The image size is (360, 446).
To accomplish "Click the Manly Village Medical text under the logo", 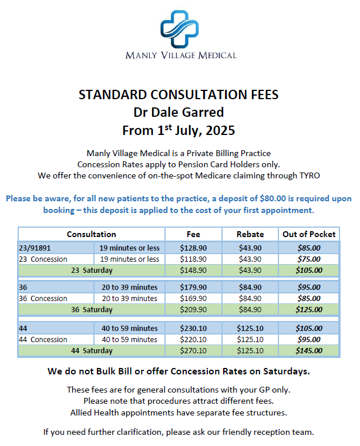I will coord(181,55).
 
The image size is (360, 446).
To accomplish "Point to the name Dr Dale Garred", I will coord(179,112).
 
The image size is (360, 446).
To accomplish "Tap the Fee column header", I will coord(193,234).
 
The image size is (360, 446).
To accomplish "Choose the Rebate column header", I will coord(250,234).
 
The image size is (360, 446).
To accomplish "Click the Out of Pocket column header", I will coord(309,234).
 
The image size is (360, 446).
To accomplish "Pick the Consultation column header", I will coord(91,234).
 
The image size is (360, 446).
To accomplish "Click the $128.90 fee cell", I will coord(193,248).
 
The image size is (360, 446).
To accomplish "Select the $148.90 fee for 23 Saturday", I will coord(193,271).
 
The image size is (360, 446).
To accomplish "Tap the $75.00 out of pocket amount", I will coord(309,259).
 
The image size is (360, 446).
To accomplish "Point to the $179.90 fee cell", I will coord(193,288).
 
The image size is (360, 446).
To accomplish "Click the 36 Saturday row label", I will coord(92,310).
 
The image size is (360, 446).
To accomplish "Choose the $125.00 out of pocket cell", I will coord(309,310).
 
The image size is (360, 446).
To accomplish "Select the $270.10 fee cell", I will coord(193,351).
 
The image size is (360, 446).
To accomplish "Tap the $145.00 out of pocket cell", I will coord(309,351).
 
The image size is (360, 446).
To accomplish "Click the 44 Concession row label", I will coord(43,340).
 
